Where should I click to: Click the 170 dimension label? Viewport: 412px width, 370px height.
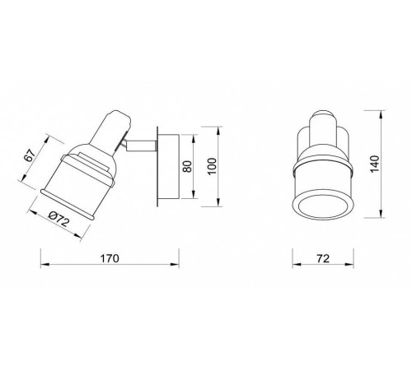click(x=110, y=258)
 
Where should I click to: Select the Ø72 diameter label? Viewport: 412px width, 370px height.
click(x=59, y=220)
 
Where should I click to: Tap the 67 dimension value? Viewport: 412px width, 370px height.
click(x=30, y=155)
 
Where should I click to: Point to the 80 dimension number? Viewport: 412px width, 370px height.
click(x=188, y=166)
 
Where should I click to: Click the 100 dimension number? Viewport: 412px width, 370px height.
click(x=213, y=166)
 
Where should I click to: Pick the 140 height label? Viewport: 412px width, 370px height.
click(x=375, y=164)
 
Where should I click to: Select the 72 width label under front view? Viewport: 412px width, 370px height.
click(x=323, y=258)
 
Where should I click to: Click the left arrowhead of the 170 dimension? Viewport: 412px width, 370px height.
click(x=44, y=265)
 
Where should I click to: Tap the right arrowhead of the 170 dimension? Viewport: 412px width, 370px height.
click(x=175, y=265)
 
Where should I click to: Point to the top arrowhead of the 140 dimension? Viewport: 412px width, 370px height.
click(x=381, y=115)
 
